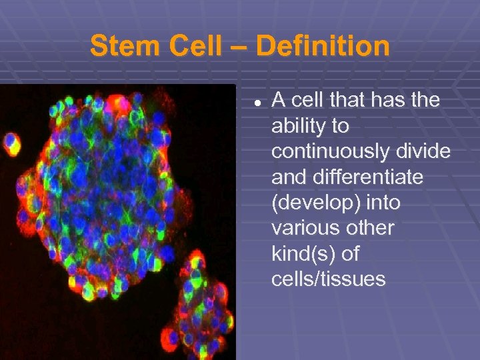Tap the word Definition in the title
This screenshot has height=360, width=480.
[323, 47]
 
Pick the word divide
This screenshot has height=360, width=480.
[425, 151]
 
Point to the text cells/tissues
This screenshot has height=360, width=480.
[328, 279]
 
